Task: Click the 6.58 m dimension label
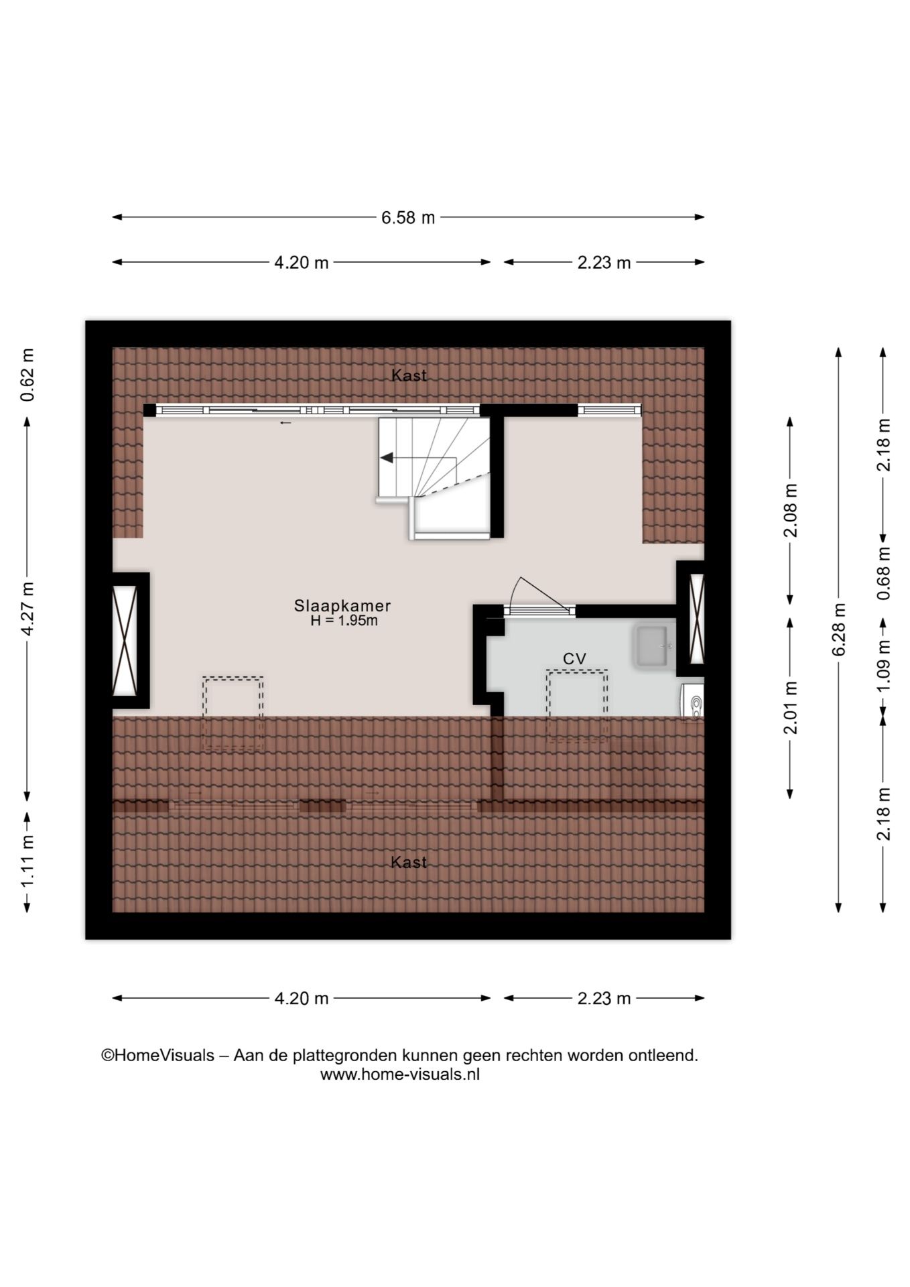(x=408, y=218)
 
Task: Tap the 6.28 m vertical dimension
(x=839, y=629)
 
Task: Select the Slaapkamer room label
(x=342, y=605)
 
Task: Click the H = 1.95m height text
(x=344, y=621)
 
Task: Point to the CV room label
(x=574, y=659)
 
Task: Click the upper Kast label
(x=409, y=375)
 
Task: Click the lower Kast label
(x=409, y=862)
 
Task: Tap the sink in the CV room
(x=653, y=646)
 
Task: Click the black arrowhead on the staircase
(x=387, y=458)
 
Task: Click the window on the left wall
(x=125, y=639)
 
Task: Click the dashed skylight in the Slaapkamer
(x=233, y=713)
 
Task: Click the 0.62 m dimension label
(x=27, y=375)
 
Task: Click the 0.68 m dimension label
(x=885, y=573)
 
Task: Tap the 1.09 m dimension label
(x=885, y=666)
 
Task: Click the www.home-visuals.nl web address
(x=400, y=1075)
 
